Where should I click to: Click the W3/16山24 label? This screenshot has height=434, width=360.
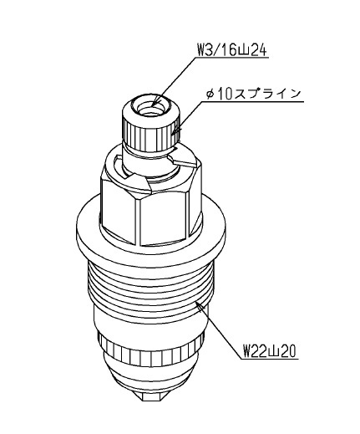pos(232,51)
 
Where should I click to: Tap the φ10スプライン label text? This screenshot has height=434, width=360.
pos(254,94)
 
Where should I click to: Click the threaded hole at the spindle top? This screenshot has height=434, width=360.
pos(150,108)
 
